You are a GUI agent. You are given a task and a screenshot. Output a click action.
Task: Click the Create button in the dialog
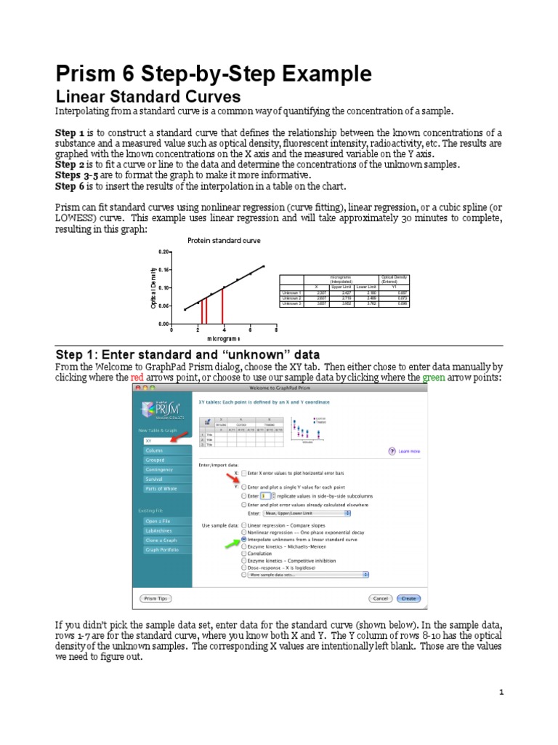[408, 598]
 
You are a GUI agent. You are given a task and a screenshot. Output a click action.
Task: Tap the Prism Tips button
[155, 598]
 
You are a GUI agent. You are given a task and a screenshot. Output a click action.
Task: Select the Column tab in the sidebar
[155, 450]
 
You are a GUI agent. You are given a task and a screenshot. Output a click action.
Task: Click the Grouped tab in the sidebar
[155, 460]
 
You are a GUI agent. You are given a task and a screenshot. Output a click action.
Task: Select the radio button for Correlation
[243, 553]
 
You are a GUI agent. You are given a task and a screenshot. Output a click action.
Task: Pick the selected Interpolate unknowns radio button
[243, 540]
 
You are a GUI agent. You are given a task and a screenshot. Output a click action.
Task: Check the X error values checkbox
[244, 472]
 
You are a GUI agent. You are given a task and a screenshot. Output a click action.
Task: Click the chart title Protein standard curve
[224, 240]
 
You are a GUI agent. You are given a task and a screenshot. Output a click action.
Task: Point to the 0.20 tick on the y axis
[164, 252]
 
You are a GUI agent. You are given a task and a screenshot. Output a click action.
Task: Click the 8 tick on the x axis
[277, 330]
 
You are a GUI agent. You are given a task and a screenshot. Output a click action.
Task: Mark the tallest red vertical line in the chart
[224, 305]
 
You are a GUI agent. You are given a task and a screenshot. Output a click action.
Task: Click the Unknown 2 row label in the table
[291, 298]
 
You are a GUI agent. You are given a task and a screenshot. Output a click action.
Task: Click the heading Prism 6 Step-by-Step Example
[214, 74]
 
